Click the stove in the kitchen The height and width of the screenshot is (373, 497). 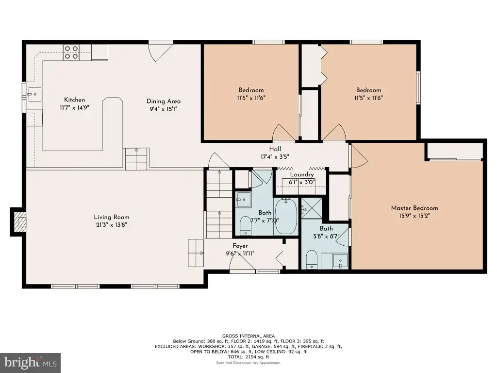(71, 52)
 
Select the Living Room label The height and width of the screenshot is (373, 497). (112, 217)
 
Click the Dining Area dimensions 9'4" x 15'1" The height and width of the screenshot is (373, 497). (164, 109)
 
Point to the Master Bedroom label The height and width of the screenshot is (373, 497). (414, 208)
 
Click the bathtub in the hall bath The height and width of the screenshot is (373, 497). (286, 216)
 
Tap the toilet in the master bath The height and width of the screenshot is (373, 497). (312, 259)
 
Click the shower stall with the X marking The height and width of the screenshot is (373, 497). (312, 208)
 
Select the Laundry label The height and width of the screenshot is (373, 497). (302, 174)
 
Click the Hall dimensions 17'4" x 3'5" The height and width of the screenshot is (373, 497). (275, 157)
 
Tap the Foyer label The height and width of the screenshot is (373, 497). (240, 246)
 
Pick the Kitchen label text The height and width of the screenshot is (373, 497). (74, 100)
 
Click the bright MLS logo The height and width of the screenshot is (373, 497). (31, 363)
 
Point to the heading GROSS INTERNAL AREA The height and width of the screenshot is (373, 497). (248, 336)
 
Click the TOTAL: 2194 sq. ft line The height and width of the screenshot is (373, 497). (248, 357)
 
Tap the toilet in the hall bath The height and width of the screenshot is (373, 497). (245, 226)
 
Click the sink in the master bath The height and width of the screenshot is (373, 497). (340, 261)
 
